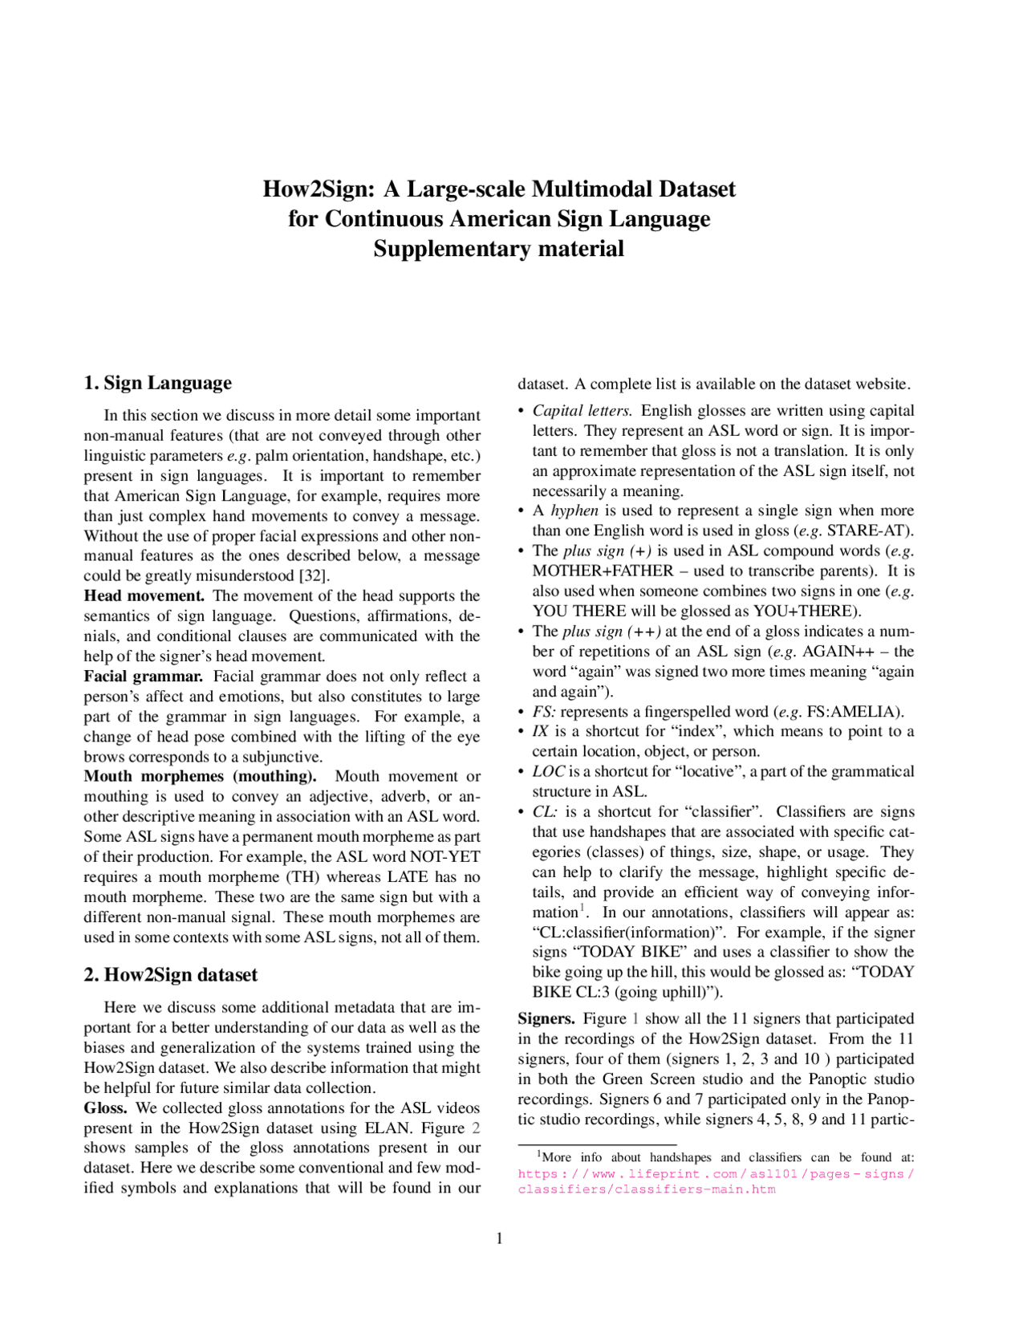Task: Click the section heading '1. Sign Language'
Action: coord(157,383)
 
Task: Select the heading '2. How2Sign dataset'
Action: coord(171,974)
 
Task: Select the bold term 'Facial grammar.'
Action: coord(144,676)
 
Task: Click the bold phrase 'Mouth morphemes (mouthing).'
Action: coord(200,776)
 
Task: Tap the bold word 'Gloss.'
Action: coord(106,1107)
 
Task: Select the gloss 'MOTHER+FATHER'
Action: coord(603,571)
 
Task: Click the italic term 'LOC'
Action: coord(548,771)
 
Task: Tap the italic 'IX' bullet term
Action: coord(540,731)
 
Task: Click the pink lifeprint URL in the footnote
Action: coord(716,1181)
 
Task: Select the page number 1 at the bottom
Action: coord(499,1238)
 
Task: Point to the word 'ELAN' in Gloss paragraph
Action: coord(388,1128)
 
